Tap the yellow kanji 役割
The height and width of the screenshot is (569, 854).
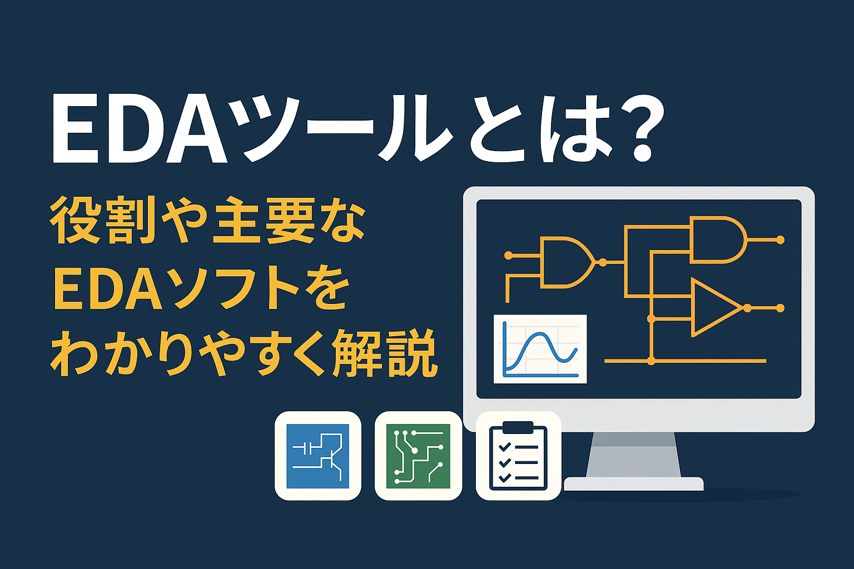point(103,222)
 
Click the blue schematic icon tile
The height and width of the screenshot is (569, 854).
point(317,456)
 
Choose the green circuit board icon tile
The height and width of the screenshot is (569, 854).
point(418,456)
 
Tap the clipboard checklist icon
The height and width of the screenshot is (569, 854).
point(518,456)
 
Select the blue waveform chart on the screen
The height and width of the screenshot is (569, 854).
point(540,349)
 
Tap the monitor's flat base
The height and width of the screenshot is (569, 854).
point(634,483)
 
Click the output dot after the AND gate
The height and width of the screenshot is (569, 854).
point(780,240)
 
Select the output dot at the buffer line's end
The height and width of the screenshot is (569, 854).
point(780,308)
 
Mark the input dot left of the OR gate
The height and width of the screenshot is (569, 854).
point(508,256)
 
